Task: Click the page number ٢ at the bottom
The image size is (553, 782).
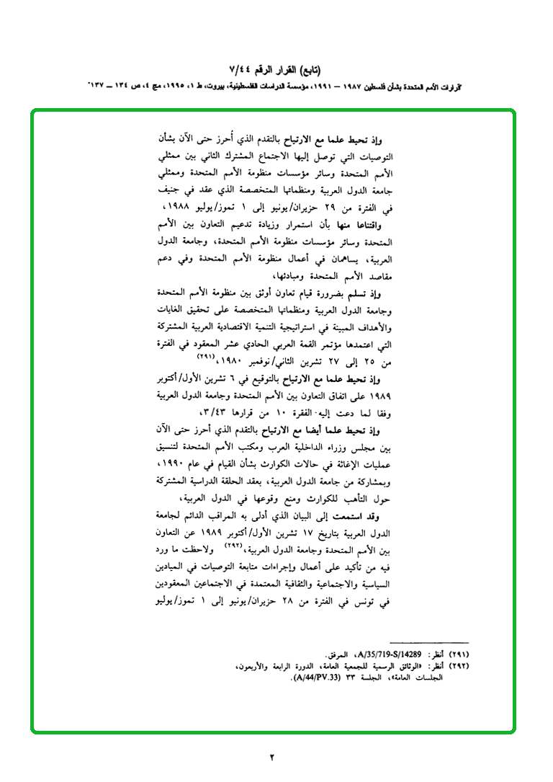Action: [x=273, y=757]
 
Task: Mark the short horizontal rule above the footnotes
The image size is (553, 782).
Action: [x=428, y=642]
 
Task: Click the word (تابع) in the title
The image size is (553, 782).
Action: [x=307, y=70]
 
